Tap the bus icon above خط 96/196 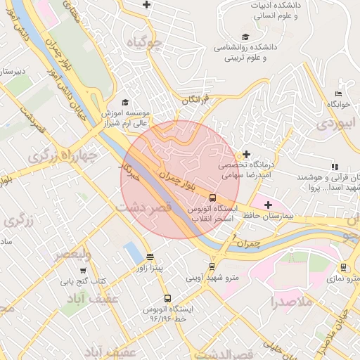click(x=167, y=298)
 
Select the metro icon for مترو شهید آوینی click(x=212, y=266)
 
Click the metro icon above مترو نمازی click(x=343, y=267)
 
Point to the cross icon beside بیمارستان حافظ click(x=268, y=205)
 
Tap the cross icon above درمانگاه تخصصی click(x=246, y=154)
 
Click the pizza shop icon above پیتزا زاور click(x=149, y=257)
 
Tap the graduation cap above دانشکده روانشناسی click(x=245, y=37)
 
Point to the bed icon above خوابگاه click(x=338, y=94)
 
